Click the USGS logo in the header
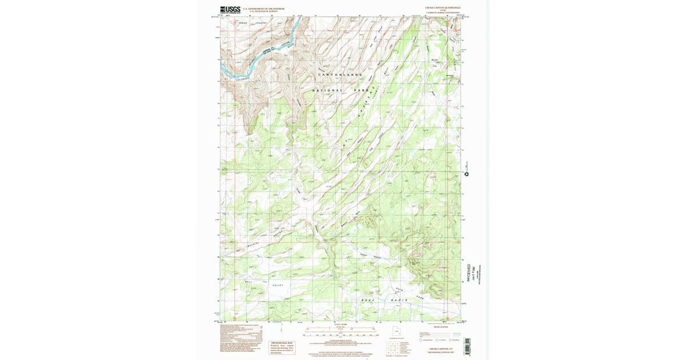[x=230, y=9]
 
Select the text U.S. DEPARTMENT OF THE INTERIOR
[x=264, y=8]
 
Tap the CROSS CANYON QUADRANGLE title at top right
[x=442, y=8]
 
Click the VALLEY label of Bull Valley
[x=278, y=285]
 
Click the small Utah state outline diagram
[x=396, y=330]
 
